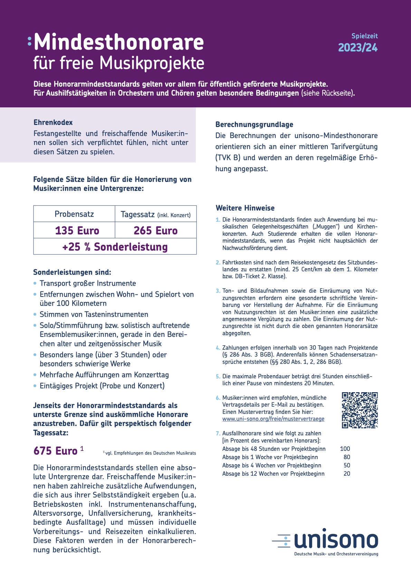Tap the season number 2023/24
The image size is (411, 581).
click(x=358, y=48)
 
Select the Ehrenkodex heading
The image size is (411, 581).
click(x=53, y=123)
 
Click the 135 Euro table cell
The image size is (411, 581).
click(x=77, y=231)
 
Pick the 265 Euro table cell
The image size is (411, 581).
click(x=155, y=231)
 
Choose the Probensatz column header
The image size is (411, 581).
click(x=74, y=214)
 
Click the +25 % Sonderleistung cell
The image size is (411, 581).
click(x=115, y=247)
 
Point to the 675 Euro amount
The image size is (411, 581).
click(x=55, y=451)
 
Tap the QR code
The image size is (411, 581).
click(x=360, y=410)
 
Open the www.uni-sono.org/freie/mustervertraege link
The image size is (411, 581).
click(x=273, y=419)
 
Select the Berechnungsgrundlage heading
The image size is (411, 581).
click(x=254, y=125)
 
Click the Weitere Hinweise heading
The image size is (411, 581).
click(x=245, y=208)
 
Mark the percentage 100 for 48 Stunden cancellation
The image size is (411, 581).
click(x=345, y=449)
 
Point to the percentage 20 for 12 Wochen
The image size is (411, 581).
click(x=347, y=474)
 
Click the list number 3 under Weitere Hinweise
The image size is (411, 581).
click(x=218, y=291)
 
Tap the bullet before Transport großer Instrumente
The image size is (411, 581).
click(x=35, y=283)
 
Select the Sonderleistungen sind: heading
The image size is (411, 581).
click(x=72, y=272)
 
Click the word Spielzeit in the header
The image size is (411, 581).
click(x=364, y=36)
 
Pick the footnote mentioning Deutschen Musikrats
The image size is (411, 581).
click(x=150, y=453)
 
